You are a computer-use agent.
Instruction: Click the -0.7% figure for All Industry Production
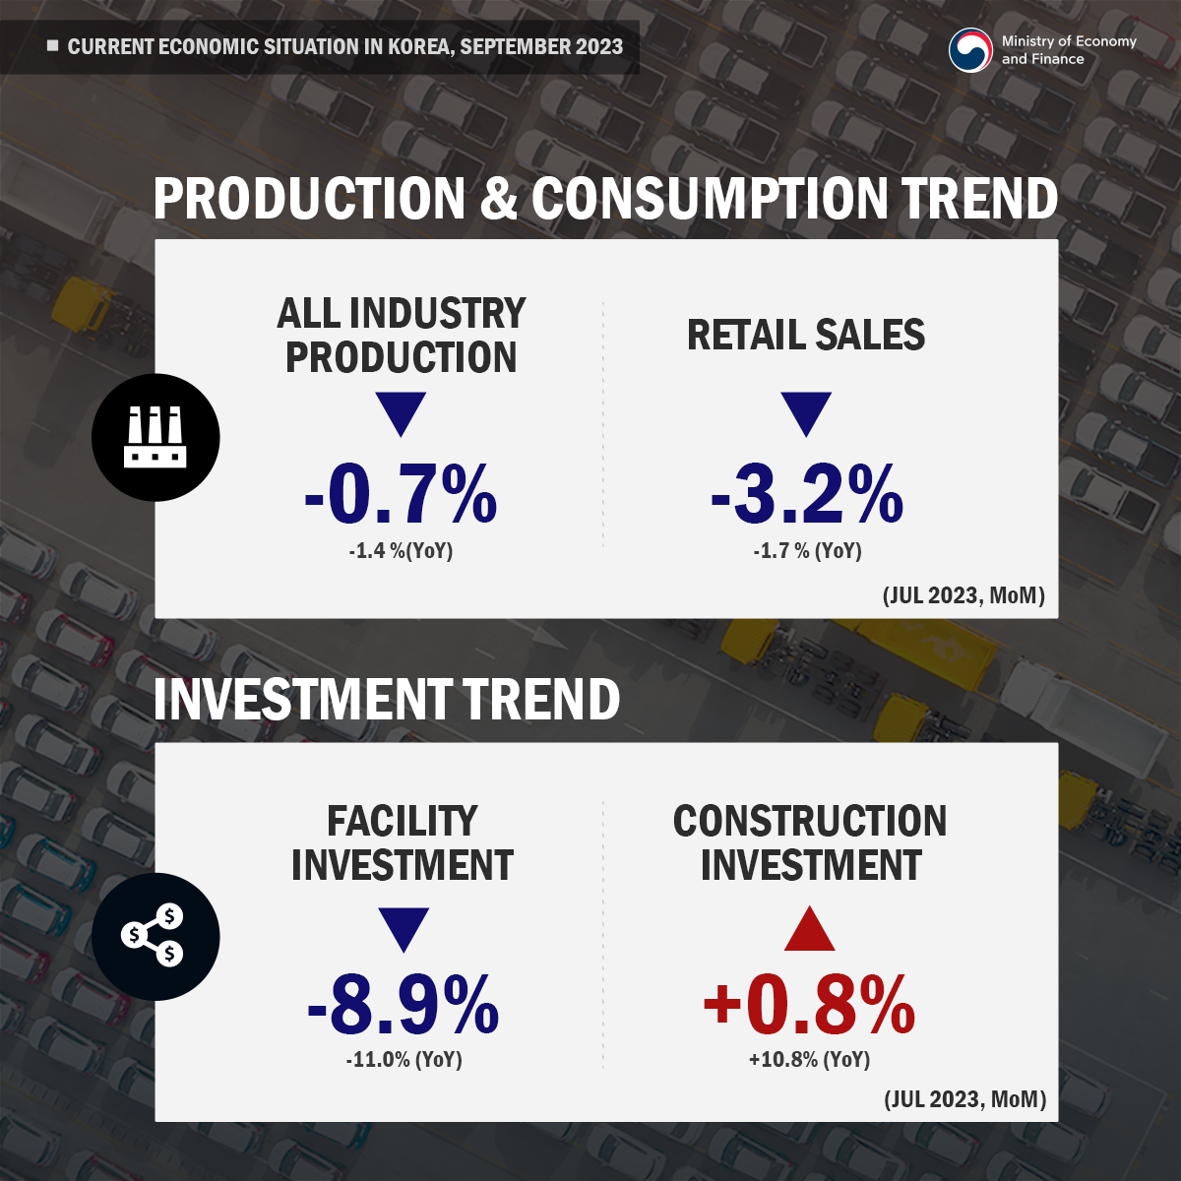pyautogui.click(x=401, y=494)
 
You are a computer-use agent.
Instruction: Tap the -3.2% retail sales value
pyautogui.click(x=807, y=494)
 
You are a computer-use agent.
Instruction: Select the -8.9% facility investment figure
pyautogui.click(x=403, y=1005)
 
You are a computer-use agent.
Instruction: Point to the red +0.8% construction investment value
pyautogui.click(x=809, y=1005)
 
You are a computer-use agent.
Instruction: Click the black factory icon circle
pyautogui.click(x=155, y=437)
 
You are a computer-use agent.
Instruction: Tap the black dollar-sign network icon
pyautogui.click(x=155, y=937)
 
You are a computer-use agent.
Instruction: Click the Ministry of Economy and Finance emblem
pyautogui.click(x=970, y=50)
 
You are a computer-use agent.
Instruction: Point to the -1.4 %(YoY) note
pyautogui.click(x=401, y=551)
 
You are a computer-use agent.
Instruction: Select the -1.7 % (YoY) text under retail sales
pyautogui.click(x=807, y=551)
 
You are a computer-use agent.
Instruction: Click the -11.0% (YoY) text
pyautogui.click(x=404, y=1060)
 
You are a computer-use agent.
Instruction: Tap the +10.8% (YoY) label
pyautogui.click(x=809, y=1060)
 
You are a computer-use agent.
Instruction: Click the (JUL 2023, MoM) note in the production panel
pyautogui.click(x=963, y=595)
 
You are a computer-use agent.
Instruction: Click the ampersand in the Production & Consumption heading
pyautogui.click(x=499, y=199)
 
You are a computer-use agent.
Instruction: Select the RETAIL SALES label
pyautogui.click(x=806, y=336)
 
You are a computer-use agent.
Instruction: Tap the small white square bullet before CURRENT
pyautogui.click(x=53, y=46)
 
